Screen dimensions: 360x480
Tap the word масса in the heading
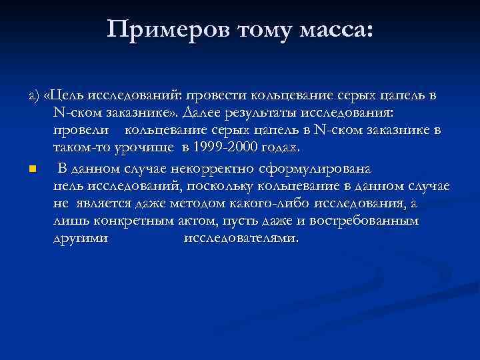(x=334, y=30)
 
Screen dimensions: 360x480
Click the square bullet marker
(x=32, y=167)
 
